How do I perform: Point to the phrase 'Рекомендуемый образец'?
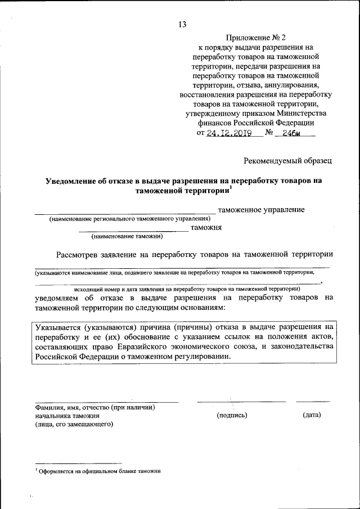tap(287, 161)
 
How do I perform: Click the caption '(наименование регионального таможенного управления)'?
tap(129, 218)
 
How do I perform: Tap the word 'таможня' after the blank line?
tap(207, 228)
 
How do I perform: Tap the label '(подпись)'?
tap(232, 415)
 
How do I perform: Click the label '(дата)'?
tap(311, 415)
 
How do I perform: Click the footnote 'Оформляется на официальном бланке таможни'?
tap(100, 472)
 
